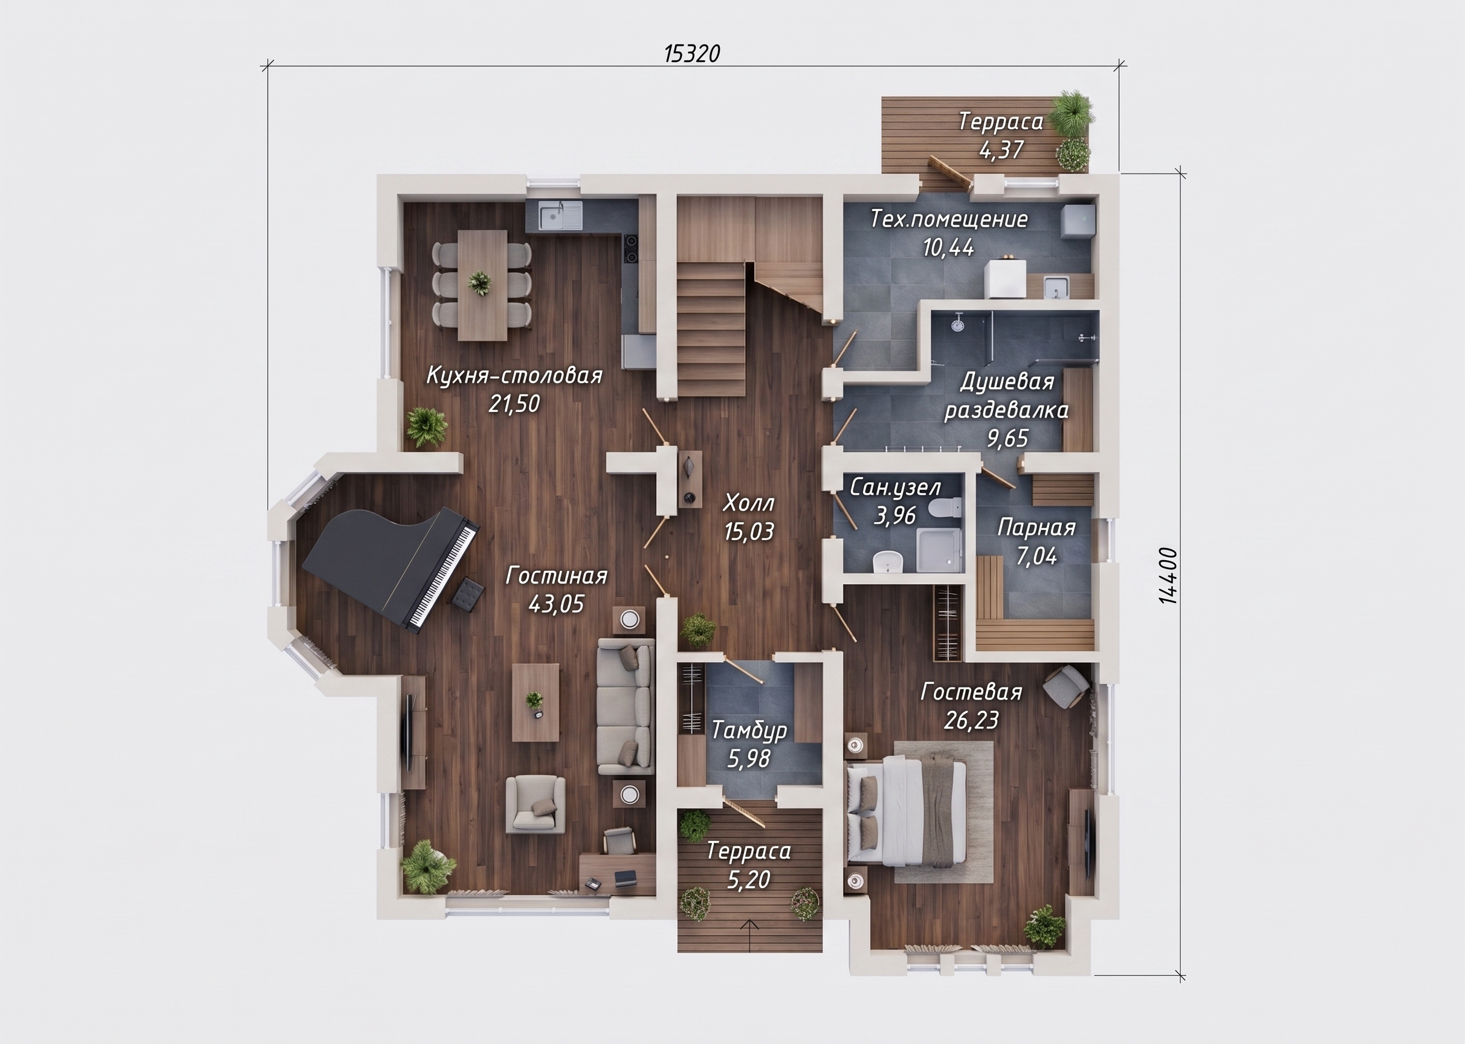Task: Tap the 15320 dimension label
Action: point(692,54)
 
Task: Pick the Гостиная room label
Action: point(556,575)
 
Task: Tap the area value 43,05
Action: point(556,604)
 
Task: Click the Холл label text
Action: point(749,503)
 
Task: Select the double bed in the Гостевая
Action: point(907,811)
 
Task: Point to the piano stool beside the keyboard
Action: point(467,593)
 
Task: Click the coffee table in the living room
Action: point(535,703)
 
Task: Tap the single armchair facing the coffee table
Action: point(535,804)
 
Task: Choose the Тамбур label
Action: point(749,730)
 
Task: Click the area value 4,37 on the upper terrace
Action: point(1001,150)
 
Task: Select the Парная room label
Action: point(1036,528)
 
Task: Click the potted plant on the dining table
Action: point(480,282)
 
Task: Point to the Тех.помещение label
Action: point(949,219)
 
